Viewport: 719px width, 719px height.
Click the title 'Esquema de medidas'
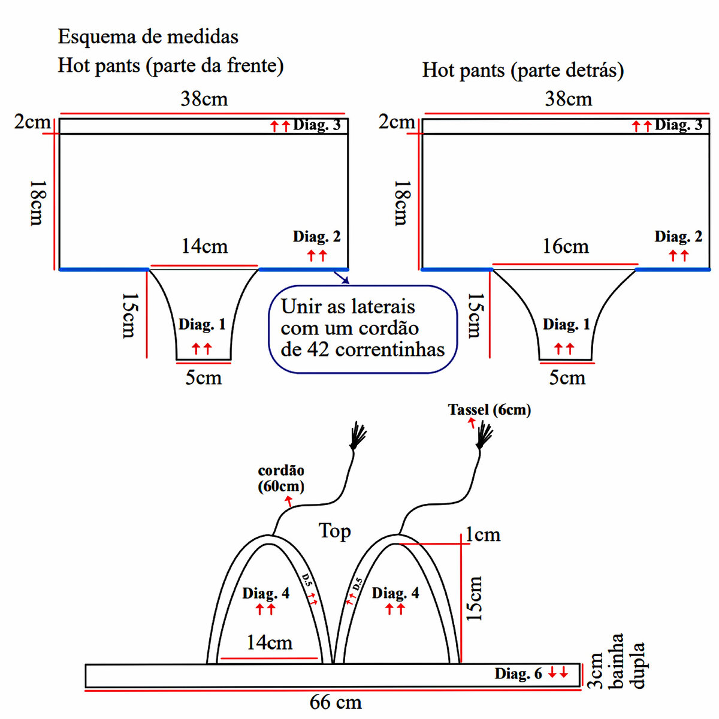(x=148, y=37)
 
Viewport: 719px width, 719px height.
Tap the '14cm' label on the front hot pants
(x=205, y=246)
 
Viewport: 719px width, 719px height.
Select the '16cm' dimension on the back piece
(x=566, y=246)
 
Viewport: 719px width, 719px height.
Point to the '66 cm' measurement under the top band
(x=336, y=702)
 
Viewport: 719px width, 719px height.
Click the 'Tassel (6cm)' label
(x=490, y=410)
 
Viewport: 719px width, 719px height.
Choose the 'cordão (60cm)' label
(x=281, y=478)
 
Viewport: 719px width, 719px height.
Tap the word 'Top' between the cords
(x=334, y=531)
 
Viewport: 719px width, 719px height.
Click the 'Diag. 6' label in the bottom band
(x=518, y=674)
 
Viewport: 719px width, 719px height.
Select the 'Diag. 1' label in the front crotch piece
(x=202, y=325)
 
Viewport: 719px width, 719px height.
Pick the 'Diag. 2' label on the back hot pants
(x=678, y=237)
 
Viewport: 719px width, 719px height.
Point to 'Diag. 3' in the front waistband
(x=317, y=125)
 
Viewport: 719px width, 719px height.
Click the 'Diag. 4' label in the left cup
(x=265, y=594)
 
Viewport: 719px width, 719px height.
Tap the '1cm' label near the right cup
(x=483, y=534)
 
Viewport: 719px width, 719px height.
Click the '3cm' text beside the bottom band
(x=596, y=670)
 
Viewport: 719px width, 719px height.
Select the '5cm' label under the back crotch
(x=567, y=378)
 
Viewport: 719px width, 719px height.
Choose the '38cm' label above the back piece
(x=568, y=99)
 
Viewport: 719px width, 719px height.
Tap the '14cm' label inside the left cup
(x=269, y=643)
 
